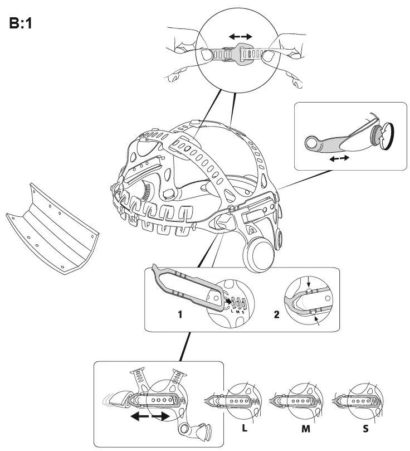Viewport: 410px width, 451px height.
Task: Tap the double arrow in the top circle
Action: [241, 36]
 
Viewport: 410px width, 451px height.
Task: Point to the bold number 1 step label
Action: [180, 314]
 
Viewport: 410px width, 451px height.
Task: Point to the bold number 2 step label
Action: [277, 314]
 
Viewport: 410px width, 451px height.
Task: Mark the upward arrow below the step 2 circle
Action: [318, 322]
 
